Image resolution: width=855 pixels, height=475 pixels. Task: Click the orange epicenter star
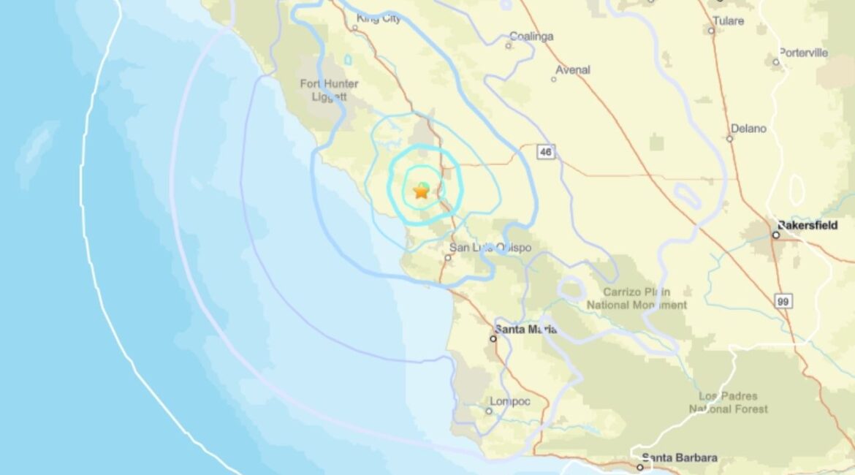click(421, 191)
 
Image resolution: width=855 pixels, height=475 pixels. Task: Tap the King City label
click(379, 19)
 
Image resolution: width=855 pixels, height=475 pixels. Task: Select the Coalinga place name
click(531, 37)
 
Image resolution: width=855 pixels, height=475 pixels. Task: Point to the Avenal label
click(573, 70)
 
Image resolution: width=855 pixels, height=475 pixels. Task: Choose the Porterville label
click(803, 53)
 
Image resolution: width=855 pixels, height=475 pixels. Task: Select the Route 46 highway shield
click(545, 151)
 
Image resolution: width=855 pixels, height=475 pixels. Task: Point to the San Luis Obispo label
click(490, 248)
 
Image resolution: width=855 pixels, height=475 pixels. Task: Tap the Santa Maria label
click(525, 330)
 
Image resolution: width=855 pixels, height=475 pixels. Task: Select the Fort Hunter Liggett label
click(329, 90)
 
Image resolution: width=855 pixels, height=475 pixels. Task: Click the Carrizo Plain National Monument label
click(637, 298)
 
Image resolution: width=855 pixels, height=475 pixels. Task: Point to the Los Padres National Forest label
click(729, 402)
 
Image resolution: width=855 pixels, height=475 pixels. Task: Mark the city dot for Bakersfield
click(776, 235)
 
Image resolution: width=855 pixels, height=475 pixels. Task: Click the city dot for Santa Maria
click(493, 338)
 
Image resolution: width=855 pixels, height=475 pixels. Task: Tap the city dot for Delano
click(729, 138)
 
